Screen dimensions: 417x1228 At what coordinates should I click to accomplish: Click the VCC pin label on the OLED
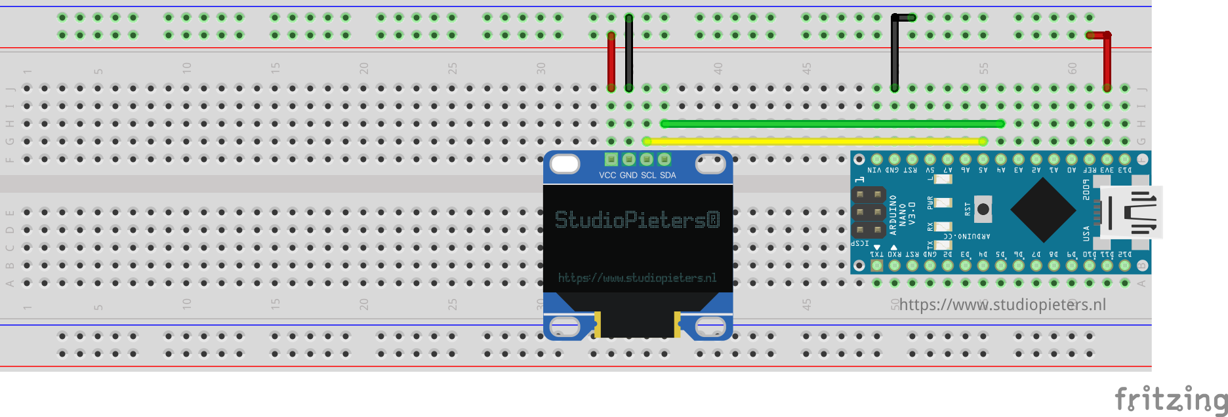point(607,175)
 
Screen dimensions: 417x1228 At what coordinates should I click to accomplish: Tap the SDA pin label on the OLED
point(668,175)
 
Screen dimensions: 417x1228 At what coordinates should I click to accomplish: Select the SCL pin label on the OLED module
point(648,175)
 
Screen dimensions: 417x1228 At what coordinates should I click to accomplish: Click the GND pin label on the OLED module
point(628,175)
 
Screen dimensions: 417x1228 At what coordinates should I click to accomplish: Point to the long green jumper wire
point(832,123)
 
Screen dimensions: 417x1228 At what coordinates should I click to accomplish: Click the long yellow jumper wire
point(813,141)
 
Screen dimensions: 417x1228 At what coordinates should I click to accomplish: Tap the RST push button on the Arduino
point(983,209)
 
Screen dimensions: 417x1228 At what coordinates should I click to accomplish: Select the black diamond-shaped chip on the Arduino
point(1043,210)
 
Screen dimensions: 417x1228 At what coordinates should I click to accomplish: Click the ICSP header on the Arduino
point(869,212)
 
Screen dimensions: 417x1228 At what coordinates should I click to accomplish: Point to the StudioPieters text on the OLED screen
point(637,220)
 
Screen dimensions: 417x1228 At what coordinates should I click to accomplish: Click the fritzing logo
point(1171,399)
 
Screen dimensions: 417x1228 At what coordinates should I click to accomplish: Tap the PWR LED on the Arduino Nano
point(943,203)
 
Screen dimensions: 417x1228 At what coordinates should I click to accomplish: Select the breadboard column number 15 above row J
point(275,68)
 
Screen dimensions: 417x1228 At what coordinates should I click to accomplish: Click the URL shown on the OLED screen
point(637,278)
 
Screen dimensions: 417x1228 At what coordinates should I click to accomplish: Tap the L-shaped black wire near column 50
point(895,52)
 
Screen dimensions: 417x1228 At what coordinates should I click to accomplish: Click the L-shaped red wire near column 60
point(1107,59)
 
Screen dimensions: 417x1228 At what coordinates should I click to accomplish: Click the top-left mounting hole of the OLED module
point(564,164)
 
